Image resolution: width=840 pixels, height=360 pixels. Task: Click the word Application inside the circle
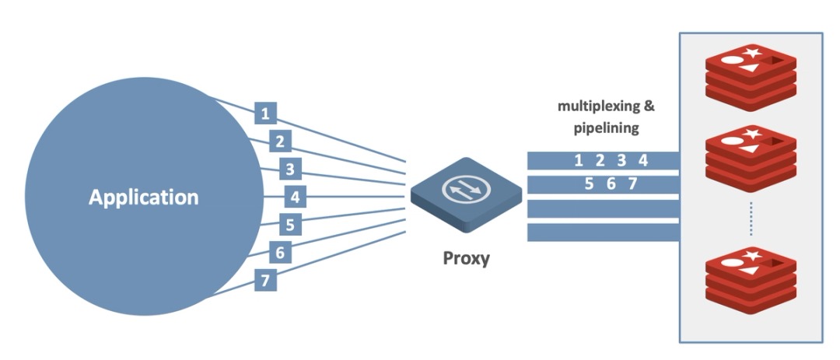[x=143, y=197]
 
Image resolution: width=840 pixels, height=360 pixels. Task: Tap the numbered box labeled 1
[x=265, y=114]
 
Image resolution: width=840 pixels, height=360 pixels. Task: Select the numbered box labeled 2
[x=279, y=142]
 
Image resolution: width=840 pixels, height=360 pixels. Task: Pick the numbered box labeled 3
[x=289, y=169]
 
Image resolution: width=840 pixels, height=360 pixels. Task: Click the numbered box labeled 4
[x=294, y=197]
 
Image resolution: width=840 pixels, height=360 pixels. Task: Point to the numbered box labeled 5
[x=289, y=225]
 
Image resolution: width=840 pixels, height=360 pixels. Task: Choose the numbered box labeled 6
[x=279, y=252]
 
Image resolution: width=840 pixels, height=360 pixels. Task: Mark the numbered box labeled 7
[x=265, y=280]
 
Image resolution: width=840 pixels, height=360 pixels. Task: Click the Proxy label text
[x=466, y=258]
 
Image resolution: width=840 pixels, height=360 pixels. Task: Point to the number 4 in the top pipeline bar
[x=642, y=161]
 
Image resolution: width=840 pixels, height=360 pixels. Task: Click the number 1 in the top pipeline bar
[x=578, y=161]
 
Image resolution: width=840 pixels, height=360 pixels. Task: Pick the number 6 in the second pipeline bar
[x=611, y=184]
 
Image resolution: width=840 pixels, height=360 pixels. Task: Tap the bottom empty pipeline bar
[x=604, y=232]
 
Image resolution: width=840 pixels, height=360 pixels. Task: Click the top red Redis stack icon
[x=750, y=78]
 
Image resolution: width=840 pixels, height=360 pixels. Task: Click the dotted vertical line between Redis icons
[x=751, y=218]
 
